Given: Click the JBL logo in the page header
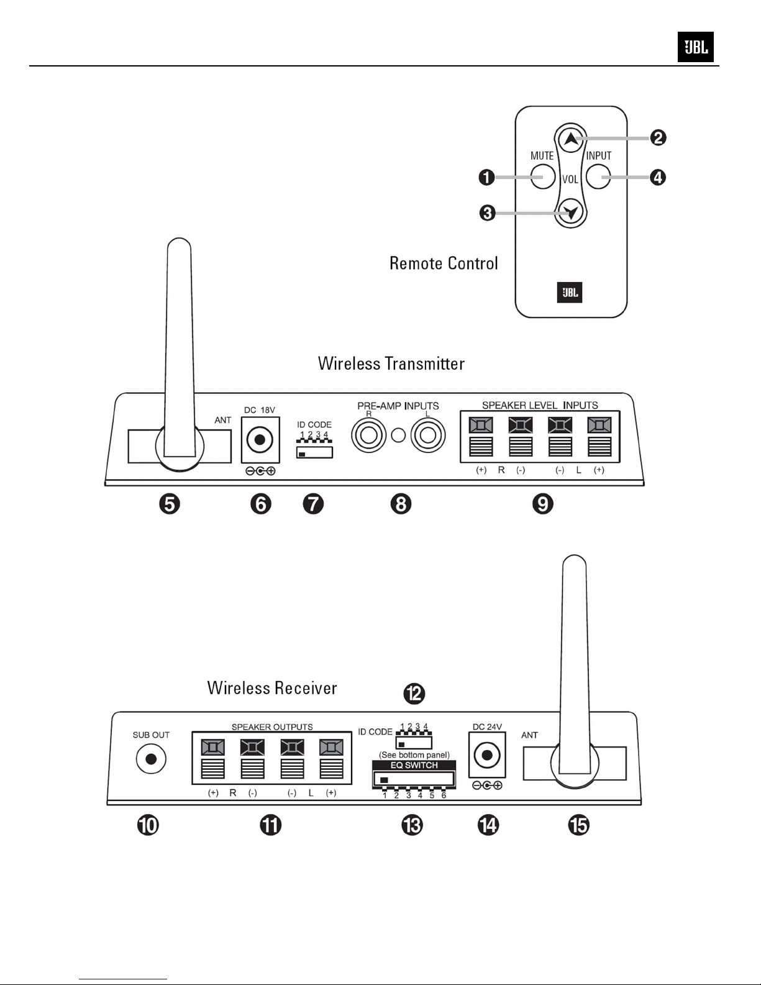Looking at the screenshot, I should point(695,47).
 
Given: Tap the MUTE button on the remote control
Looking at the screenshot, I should point(543,177).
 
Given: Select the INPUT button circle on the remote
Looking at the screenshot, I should point(598,177).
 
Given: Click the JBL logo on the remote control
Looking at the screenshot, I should point(570,293).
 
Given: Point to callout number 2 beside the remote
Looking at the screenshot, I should point(658,137).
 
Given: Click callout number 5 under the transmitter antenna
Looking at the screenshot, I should point(169,503).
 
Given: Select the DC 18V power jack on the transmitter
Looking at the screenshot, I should point(260,441).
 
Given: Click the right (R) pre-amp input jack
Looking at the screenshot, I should point(369,435).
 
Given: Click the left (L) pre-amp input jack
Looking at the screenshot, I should point(427,435).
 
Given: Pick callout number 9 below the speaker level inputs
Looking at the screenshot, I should point(542,503).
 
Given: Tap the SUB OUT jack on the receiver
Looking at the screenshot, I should point(150,759).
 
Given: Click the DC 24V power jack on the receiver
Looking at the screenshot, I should point(487,756).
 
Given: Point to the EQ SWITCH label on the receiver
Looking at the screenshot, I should point(414,766).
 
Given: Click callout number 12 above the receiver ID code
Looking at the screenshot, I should point(414,693).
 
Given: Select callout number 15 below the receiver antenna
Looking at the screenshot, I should point(578,825).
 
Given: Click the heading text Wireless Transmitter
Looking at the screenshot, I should point(391,364).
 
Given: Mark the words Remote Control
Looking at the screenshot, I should point(444,263).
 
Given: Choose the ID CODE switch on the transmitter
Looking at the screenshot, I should point(315,452).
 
